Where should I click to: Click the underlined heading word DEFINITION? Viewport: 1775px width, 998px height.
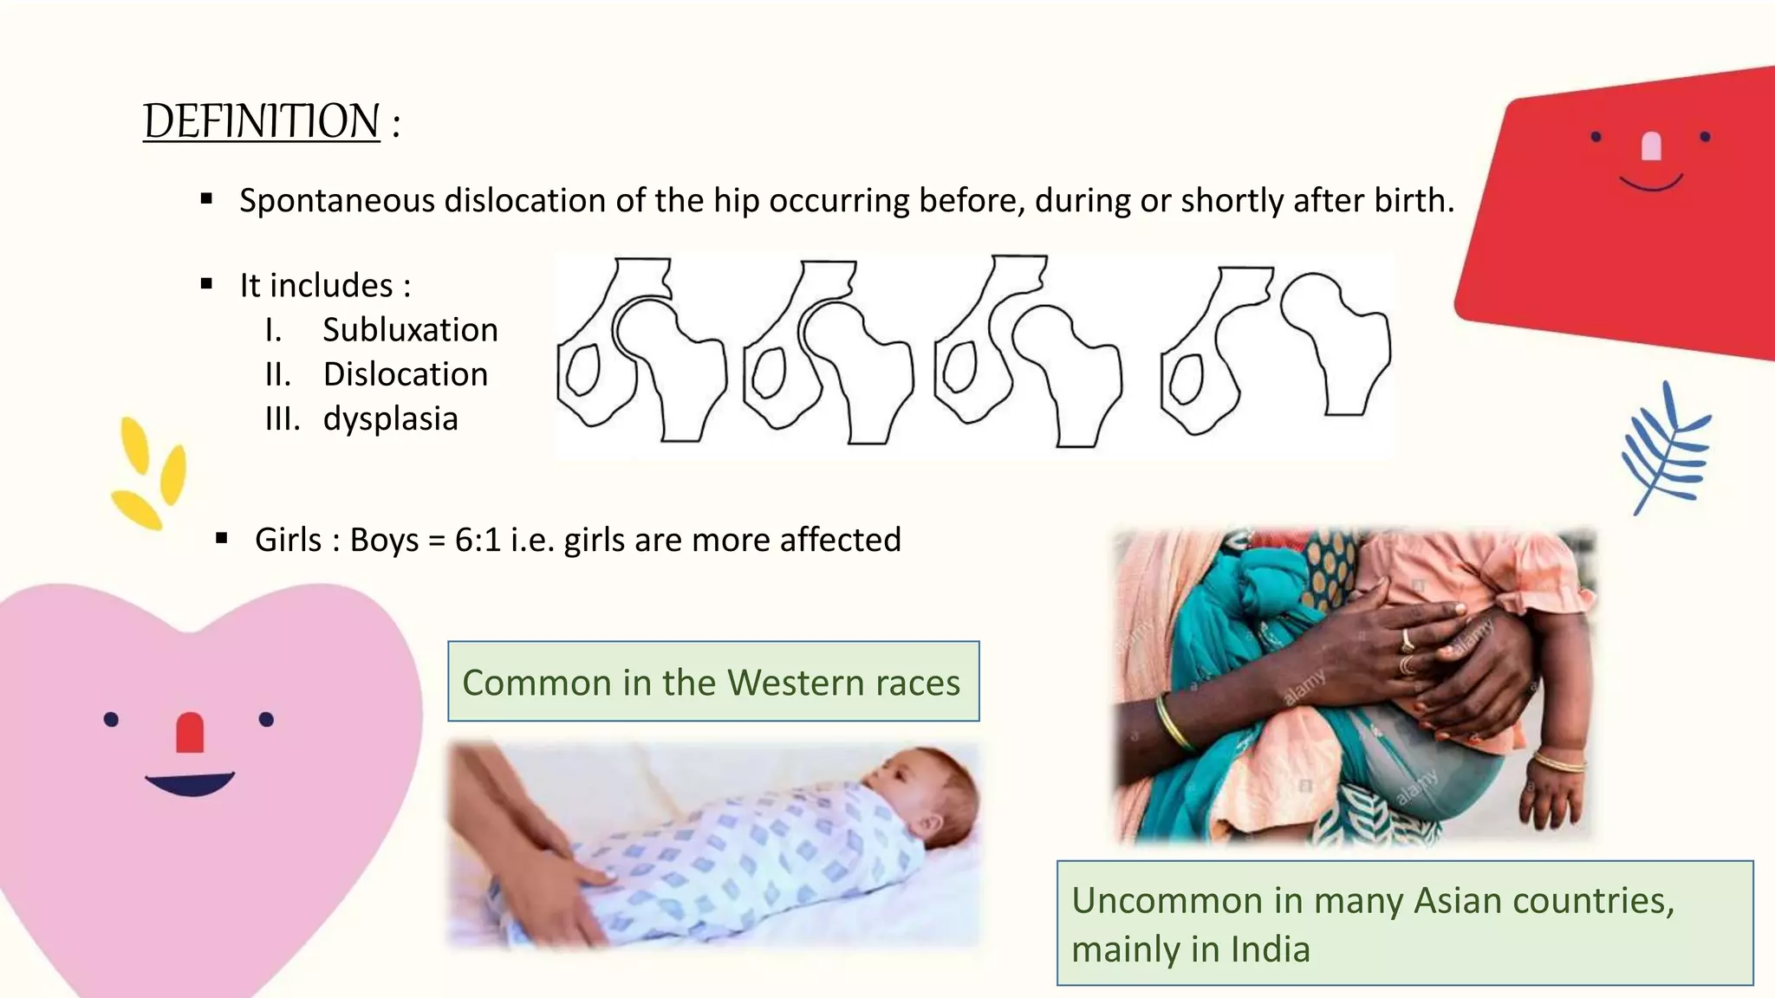tap(261, 121)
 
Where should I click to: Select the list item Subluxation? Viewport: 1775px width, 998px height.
tap(410, 330)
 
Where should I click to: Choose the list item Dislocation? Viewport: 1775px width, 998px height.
tap(405, 374)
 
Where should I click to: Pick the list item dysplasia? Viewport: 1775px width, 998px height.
tap(390, 419)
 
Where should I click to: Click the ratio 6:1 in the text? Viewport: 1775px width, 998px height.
tap(478, 540)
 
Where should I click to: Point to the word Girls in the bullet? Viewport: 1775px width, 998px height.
tap(288, 540)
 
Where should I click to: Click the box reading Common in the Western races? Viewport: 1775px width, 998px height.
tap(712, 682)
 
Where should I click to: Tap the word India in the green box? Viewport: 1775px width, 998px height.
tap(1270, 949)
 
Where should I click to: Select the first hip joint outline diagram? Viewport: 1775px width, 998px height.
tap(641, 351)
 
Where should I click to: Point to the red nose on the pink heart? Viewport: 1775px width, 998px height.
tap(190, 732)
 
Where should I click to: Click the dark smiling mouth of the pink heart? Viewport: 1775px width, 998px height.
tap(190, 783)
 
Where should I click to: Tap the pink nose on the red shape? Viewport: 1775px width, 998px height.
tap(1651, 146)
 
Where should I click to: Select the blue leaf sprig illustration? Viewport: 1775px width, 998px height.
tap(1668, 449)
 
